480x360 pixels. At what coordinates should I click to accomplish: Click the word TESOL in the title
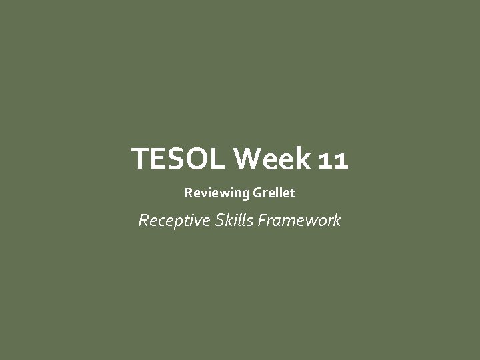pos(179,159)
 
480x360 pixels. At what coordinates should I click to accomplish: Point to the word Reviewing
pos(217,193)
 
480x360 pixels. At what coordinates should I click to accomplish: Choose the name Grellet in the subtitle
pos(274,193)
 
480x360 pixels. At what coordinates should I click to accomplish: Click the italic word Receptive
pos(173,220)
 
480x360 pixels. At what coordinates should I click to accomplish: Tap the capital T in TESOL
pos(141,159)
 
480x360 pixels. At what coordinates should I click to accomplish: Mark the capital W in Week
pos(247,159)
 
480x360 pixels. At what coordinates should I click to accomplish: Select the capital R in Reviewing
pos(188,193)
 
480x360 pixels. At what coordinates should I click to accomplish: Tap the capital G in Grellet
pos(257,193)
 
